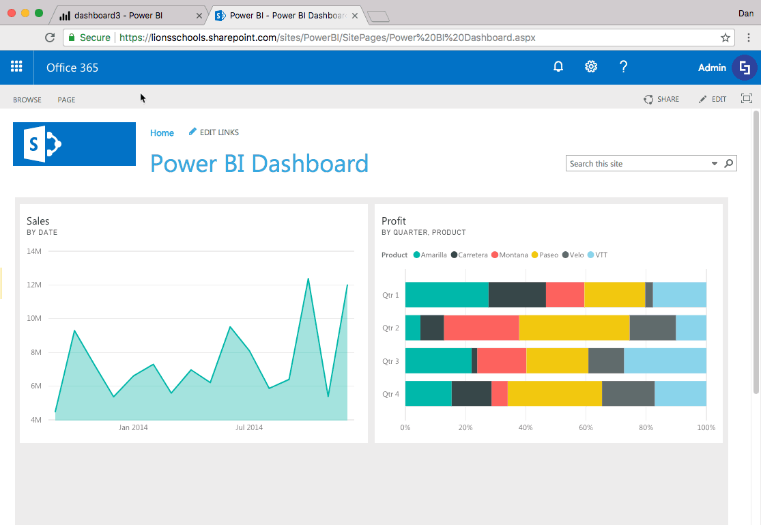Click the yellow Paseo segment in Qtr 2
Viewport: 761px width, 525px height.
point(574,328)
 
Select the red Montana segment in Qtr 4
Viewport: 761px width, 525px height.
point(499,394)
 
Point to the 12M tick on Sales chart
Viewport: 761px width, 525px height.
point(34,285)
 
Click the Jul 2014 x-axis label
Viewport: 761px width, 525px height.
point(249,428)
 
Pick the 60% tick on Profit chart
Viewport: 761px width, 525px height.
point(586,428)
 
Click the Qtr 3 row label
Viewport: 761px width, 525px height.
point(390,361)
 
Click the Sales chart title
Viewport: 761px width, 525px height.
point(38,221)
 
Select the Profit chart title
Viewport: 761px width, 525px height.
point(394,221)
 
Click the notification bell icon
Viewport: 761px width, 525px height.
point(558,67)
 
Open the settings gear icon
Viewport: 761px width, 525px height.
point(591,67)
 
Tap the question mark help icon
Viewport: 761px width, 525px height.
point(623,67)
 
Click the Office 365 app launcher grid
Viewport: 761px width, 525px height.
point(16,67)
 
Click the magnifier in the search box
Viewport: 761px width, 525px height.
point(729,164)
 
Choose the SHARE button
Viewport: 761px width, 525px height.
point(661,100)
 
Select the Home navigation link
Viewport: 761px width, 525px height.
point(162,133)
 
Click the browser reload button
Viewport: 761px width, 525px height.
point(50,38)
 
